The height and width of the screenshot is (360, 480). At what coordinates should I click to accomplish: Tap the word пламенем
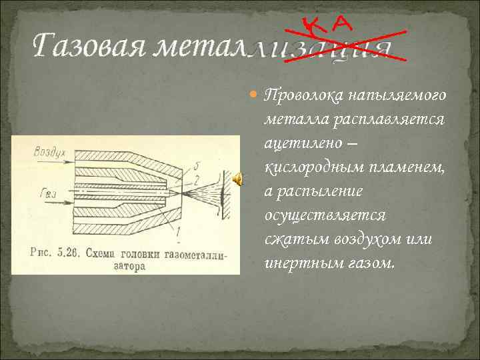click(405, 167)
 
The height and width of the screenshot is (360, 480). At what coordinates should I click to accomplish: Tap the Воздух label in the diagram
click(49, 152)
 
